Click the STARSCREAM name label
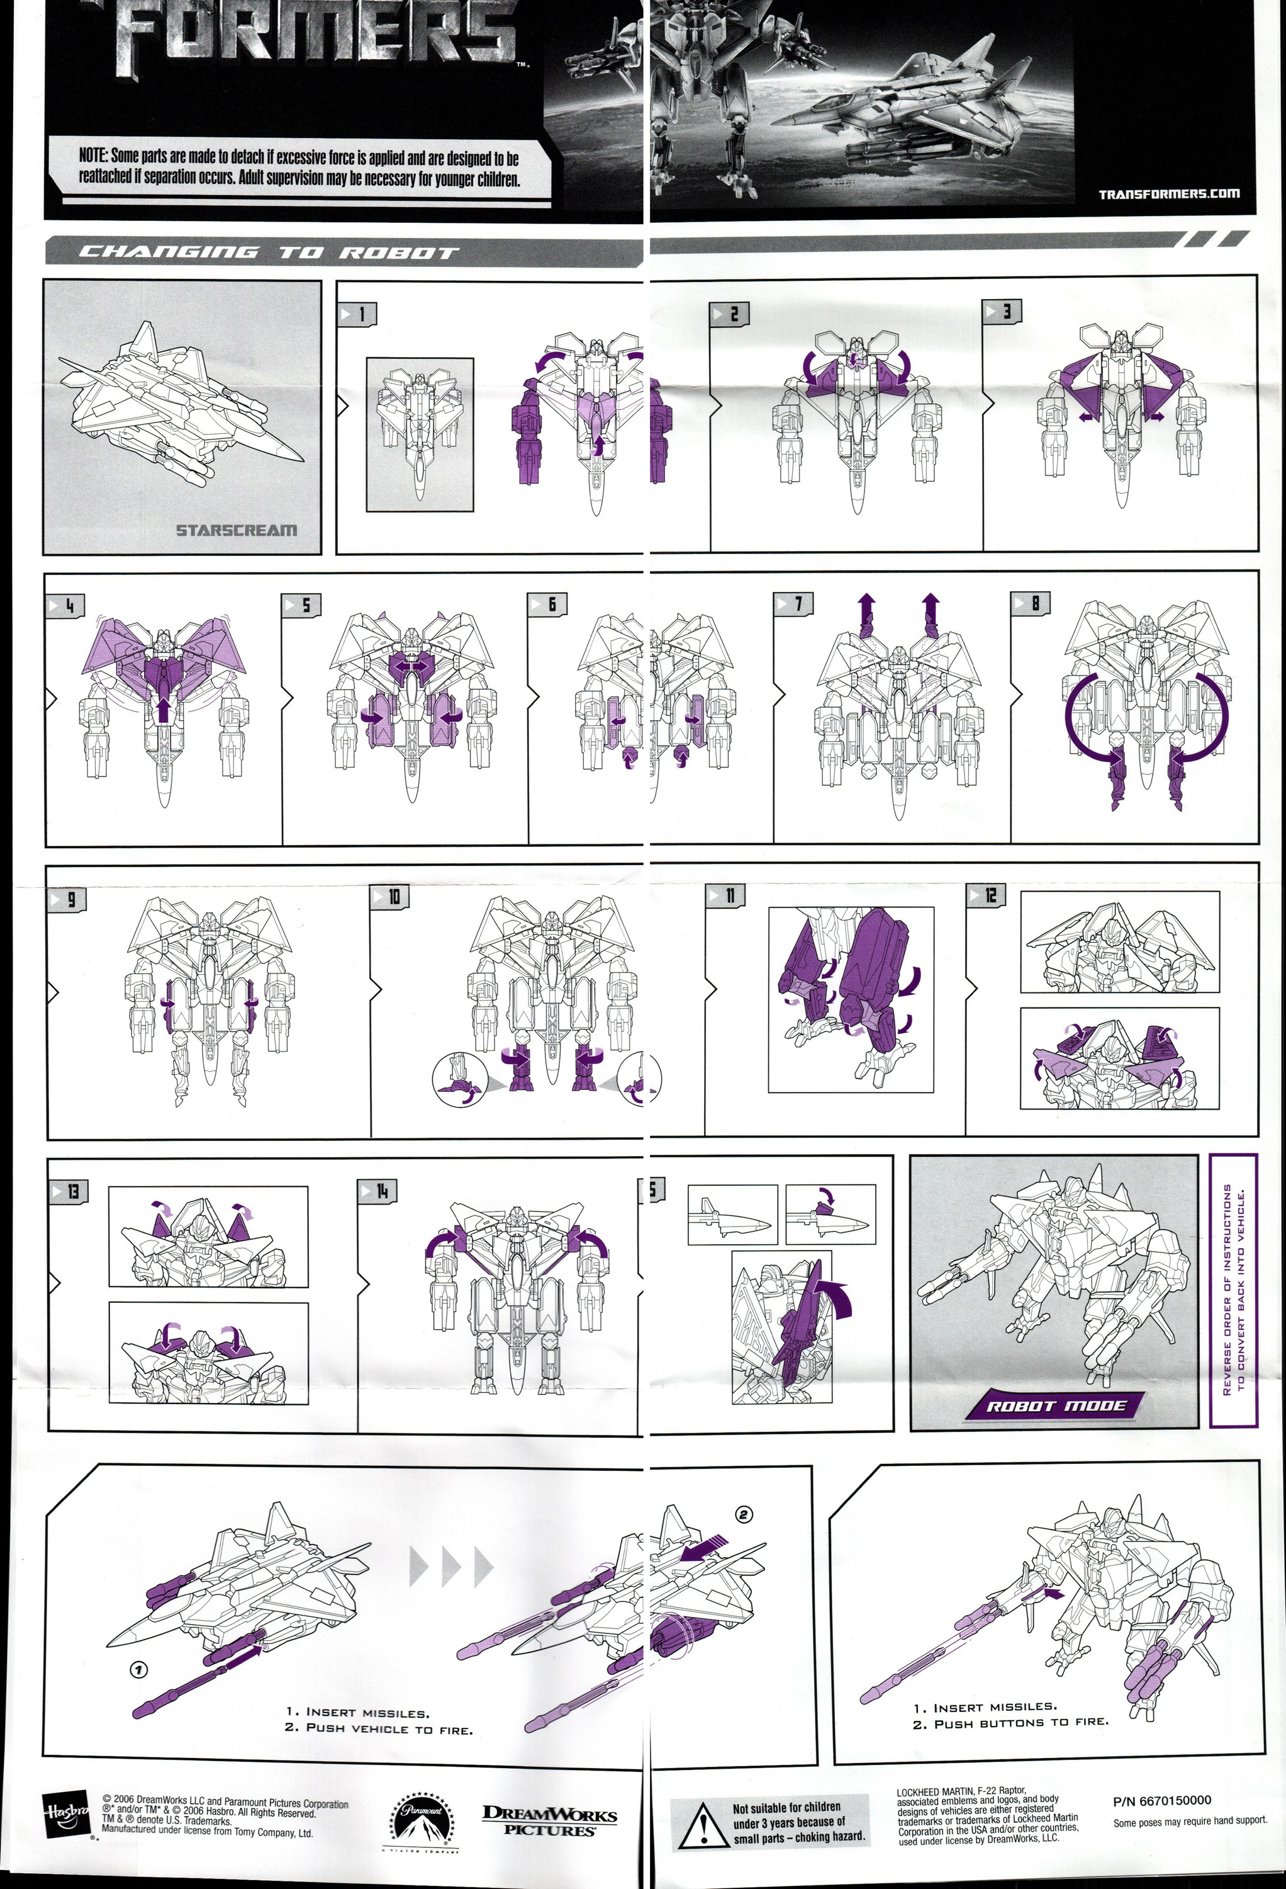point(237,531)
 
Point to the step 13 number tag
point(68,1191)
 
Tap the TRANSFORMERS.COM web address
point(1168,193)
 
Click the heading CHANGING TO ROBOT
point(268,252)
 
